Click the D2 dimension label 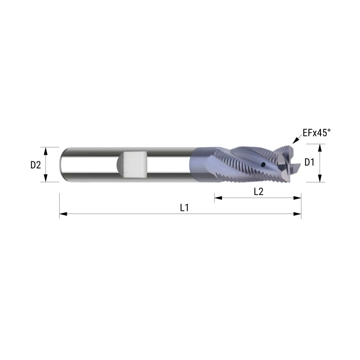36,165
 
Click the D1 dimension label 309,162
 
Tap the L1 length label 184,208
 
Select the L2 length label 258,192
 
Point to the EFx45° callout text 317,133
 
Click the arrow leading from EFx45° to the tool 297,139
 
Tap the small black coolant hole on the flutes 263,164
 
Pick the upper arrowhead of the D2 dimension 46,151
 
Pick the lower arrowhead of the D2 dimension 46,178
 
